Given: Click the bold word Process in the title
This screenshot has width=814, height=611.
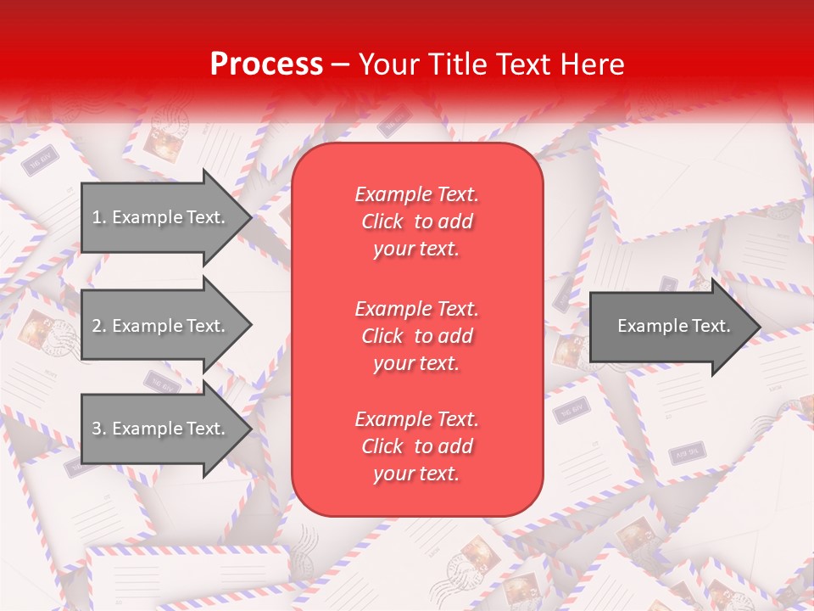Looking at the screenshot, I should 266,64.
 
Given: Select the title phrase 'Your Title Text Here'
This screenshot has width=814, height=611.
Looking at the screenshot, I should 491,64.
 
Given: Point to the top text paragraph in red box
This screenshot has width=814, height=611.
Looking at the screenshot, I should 416,221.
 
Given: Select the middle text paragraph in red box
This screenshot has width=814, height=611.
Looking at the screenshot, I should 416,336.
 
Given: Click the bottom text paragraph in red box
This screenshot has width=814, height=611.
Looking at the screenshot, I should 416,446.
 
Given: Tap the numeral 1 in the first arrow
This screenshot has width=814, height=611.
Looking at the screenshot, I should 97,217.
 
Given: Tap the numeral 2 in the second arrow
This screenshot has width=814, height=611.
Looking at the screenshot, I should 97,326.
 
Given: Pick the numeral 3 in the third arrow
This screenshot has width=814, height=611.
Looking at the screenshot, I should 97,429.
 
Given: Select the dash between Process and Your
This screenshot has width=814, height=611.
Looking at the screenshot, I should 341,64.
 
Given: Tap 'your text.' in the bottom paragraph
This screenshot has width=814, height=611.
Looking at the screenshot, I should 416,474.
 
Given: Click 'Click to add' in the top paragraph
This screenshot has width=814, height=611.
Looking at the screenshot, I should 416,221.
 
